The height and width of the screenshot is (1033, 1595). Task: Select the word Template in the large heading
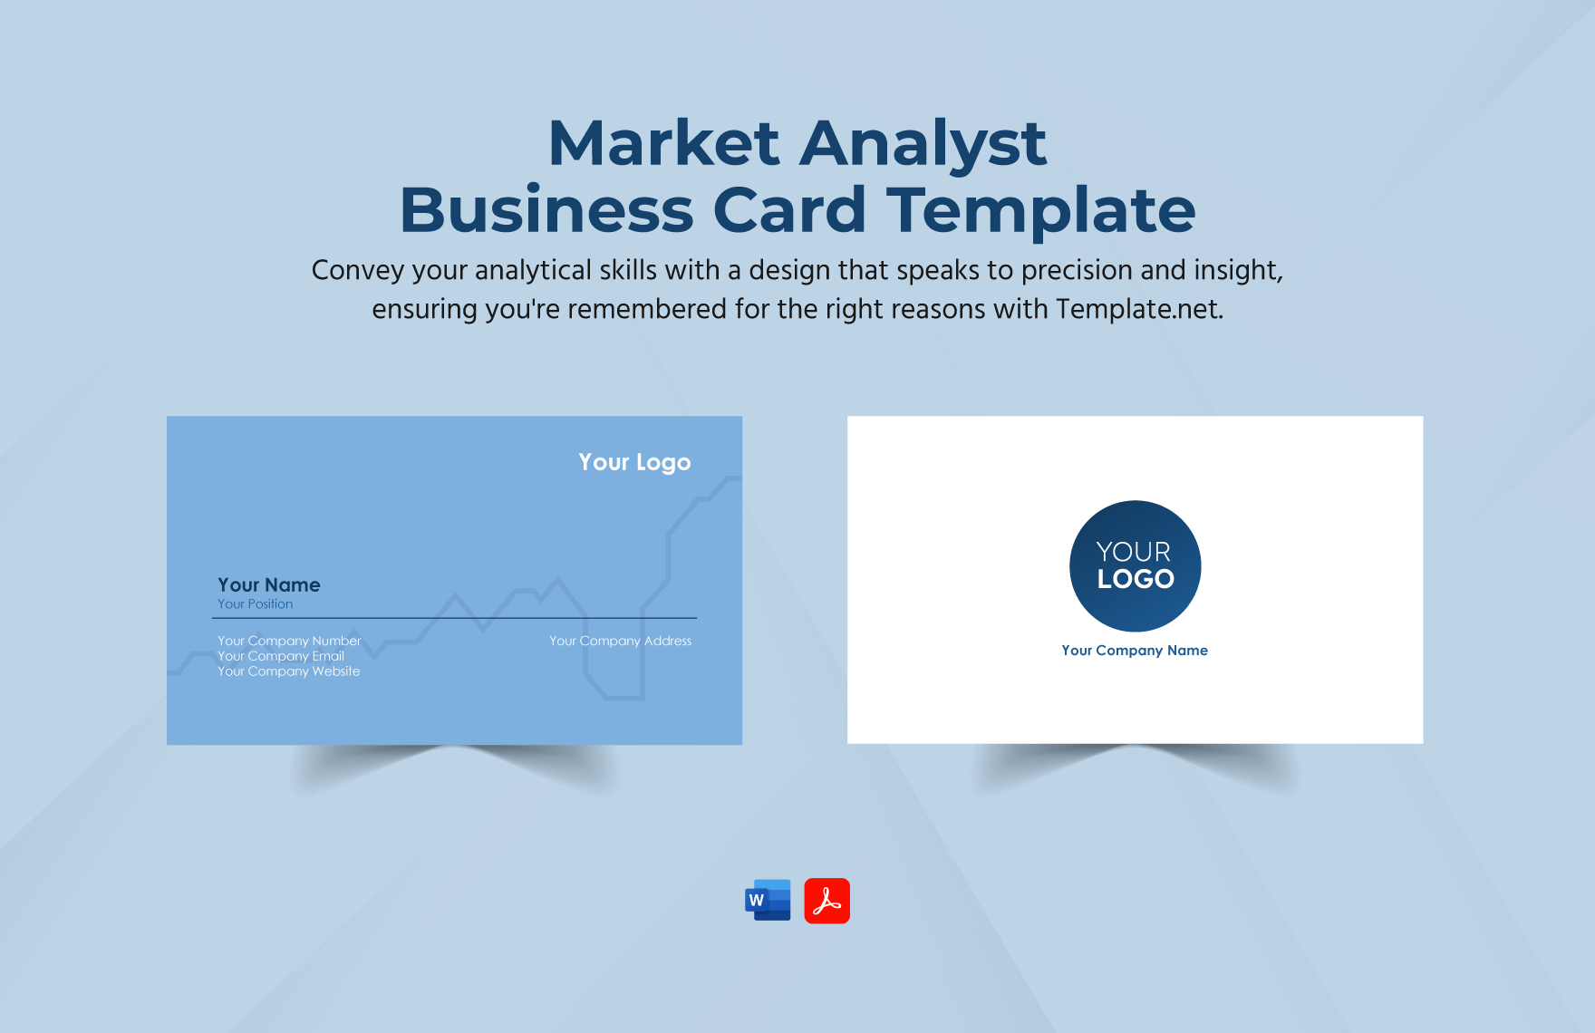click(1041, 211)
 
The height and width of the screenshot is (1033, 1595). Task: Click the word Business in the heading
click(546, 210)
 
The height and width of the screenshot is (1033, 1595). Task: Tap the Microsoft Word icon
click(768, 900)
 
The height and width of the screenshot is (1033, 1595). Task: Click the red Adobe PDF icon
click(826, 901)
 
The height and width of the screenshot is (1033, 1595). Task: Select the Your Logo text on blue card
click(634, 462)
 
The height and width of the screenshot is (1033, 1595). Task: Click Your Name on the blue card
click(268, 584)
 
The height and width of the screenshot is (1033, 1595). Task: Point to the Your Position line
click(255, 603)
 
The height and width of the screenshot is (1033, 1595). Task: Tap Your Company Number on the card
click(289, 641)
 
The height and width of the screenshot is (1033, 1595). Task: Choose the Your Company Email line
click(280, 656)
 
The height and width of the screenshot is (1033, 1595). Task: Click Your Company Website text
click(288, 671)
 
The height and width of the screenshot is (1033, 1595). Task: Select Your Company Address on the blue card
click(620, 641)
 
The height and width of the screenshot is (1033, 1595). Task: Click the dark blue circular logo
click(1135, 565)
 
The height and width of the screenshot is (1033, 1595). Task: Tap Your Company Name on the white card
click(1135, 651)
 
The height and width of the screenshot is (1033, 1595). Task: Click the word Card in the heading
click(789, 210)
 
